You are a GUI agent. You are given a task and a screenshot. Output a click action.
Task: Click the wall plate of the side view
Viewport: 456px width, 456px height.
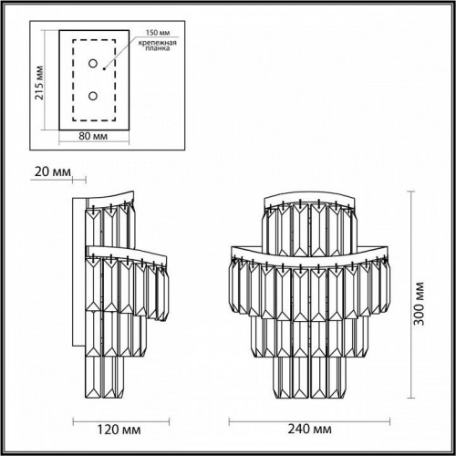81,274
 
